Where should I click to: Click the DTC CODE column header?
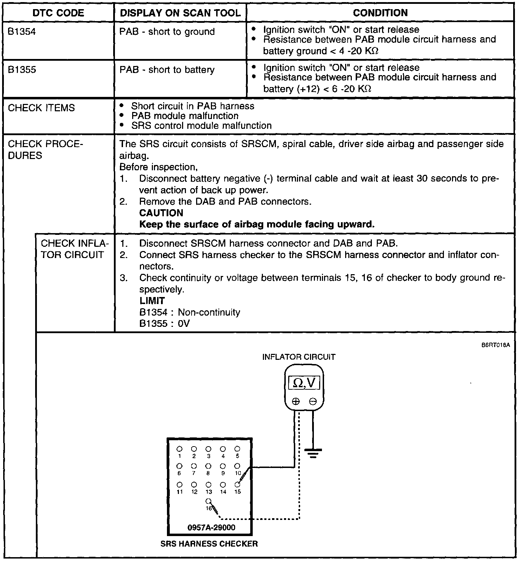coord(58,13)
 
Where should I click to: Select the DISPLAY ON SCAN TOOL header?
coord(180,13)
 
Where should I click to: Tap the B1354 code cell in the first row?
coord(22,32)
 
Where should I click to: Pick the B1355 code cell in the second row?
coord(22,70)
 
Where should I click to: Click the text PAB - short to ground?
coord(167,32)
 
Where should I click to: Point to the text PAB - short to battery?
coord(167,70)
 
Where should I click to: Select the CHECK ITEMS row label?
coord(41,108)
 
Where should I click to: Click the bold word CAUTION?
coord(161,213)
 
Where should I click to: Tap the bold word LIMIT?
coord(152,301)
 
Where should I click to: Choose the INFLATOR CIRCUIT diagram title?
coord(299,357)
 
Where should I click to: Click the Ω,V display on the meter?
coord(304,383)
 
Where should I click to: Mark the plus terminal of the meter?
coord(296,401)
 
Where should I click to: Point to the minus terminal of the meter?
coord(313,401)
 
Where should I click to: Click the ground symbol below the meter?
coord(313,453)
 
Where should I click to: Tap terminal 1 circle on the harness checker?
coord(179,449)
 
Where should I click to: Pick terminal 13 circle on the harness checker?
coord(208,484)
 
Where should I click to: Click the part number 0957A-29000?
coord(212,527)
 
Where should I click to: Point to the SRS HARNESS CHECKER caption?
coord(209,544)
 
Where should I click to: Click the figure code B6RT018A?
coord(496,345)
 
